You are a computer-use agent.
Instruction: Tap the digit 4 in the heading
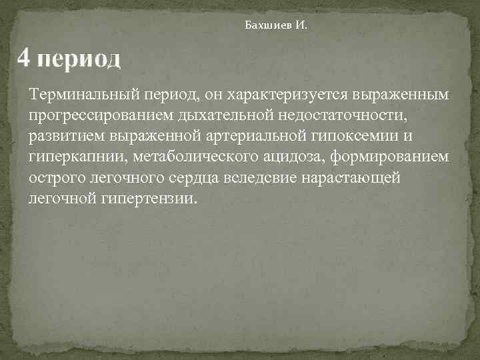point(24,58)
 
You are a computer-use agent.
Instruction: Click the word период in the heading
point(80,59)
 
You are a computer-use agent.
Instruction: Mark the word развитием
point(63,137)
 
